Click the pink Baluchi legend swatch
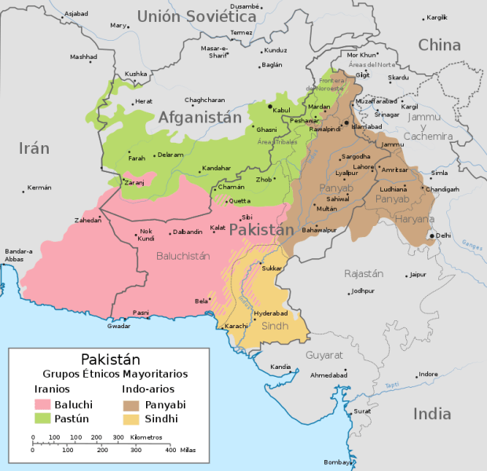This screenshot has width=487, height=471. [x=42, y=404]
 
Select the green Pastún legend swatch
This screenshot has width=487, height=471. [x=42, y=418]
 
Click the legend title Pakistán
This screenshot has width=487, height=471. [x=112, y=359]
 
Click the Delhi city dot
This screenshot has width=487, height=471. [x=431, y=235]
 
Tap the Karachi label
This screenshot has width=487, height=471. [x=236, y=325]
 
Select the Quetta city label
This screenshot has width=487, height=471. [x=239, y=201]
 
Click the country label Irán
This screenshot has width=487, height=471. [x=34, y=148]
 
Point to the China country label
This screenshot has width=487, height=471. [x=439, y=46]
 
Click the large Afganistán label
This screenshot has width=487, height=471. [x=200, y=117]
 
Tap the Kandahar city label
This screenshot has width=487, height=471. [x=217, y=168]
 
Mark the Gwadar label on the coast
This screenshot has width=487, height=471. [x=119, y=326]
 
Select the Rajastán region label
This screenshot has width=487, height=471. [x=363, y=273]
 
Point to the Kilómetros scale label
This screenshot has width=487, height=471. [x=147, y=436]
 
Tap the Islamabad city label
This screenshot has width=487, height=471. [x=368, y=126]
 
